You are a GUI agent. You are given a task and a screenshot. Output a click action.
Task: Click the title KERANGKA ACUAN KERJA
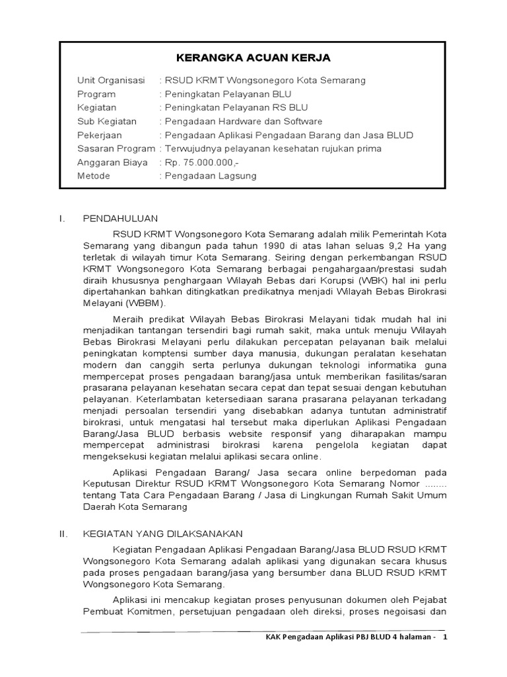(x=253, y=58)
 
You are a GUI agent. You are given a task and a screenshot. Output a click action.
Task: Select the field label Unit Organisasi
(x=110, y=81)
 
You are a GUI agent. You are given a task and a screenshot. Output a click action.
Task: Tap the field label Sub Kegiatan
(x=107, y=122)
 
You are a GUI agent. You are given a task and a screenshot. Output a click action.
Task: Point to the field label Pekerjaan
(x=99, y=136)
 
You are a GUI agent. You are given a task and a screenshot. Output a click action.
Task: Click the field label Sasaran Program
(x=116, y=149)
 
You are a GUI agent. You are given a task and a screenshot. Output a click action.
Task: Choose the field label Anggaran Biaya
(x=112, y=163)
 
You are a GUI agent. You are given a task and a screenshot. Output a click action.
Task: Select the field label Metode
(x=94, y=177)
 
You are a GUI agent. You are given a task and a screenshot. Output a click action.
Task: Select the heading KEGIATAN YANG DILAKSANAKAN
(x=162, y=534)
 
